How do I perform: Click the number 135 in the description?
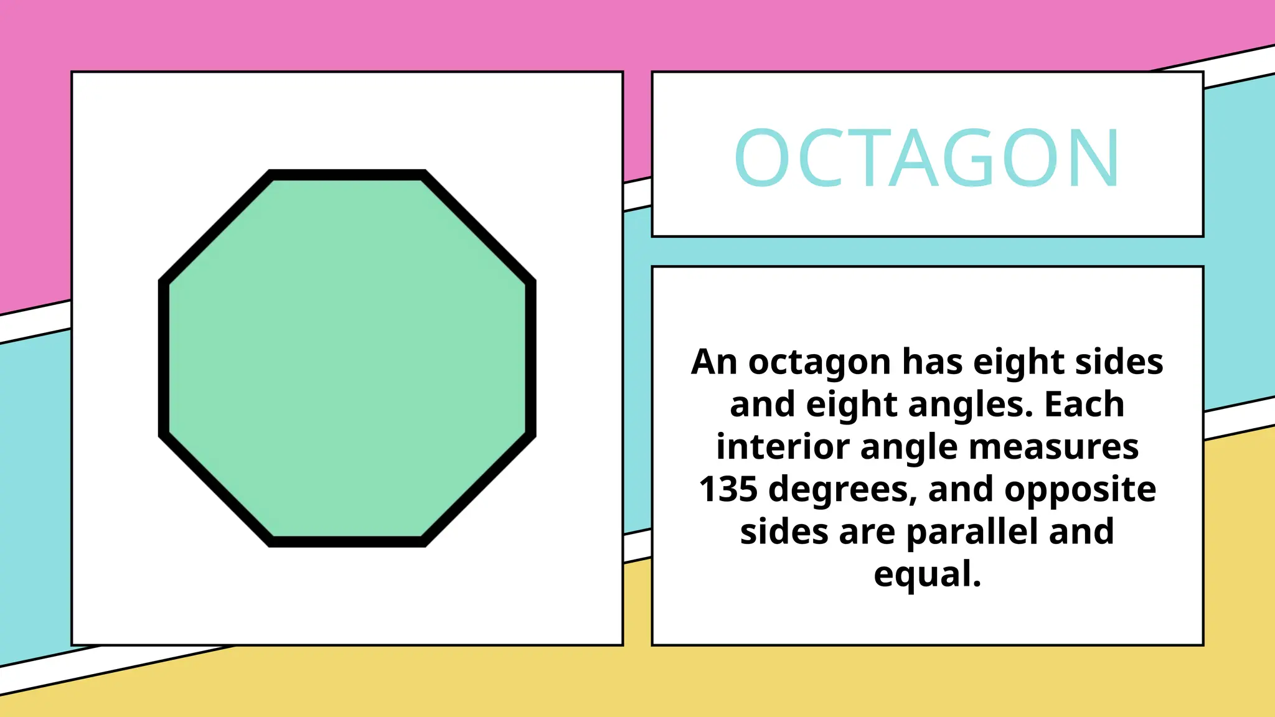[x=728, y=489]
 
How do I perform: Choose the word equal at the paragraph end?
[x=926, y=574]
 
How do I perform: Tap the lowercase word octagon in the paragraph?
[x=819, y=363]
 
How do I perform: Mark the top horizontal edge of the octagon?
[x=347, y=174]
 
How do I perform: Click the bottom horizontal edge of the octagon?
[x=347, y=541]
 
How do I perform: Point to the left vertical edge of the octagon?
[x=164, y=358]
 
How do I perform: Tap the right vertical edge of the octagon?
[x=530, y=358]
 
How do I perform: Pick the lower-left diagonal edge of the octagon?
[x=217, y=489]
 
